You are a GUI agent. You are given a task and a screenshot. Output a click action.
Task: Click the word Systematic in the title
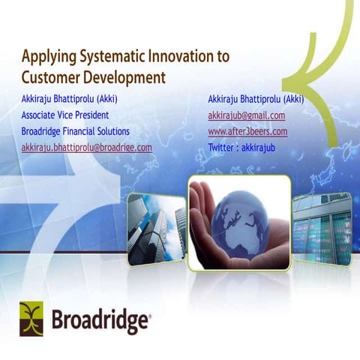click(x=100, y=56)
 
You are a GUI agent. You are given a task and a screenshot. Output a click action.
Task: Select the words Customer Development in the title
click(x=93, y=76)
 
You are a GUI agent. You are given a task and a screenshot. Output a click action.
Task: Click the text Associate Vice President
click(x=65, y=115)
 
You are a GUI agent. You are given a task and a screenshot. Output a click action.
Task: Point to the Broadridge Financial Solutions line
click(x=76, y=131)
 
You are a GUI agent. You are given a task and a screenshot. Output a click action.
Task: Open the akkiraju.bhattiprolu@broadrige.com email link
click(x=86, y=148)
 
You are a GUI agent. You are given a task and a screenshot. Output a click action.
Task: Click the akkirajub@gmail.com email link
click(x=246, y=115)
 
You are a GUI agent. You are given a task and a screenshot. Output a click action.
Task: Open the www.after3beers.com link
click(x=247, y=131)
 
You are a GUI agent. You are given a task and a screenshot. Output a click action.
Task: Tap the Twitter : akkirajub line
click(x=241, y=148)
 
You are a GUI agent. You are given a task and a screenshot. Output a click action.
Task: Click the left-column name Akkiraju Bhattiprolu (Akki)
click(x=70, y=99)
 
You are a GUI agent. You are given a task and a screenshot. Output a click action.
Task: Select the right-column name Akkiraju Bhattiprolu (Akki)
click(x=256, y=99)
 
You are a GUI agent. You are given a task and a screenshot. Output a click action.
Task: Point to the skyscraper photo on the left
click(x=156, y=229)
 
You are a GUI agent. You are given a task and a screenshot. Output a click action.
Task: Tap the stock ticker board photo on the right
click(x=322, y=229)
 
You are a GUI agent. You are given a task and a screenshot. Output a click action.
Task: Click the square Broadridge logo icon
click(x=31, y=318)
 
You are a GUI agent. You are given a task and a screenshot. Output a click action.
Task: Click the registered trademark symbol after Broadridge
click(x=148, y=315)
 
